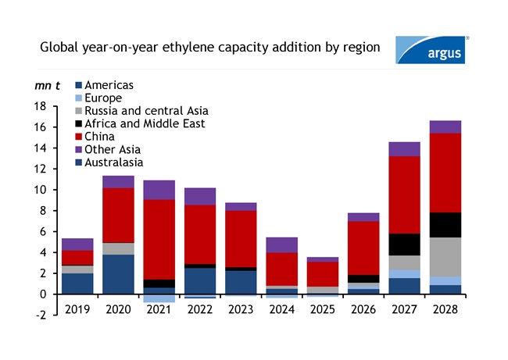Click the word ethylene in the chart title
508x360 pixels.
point(191,48)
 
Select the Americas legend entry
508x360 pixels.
point(109,85)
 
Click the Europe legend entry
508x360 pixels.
point(103,98)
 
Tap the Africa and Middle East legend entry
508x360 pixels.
point(138,123)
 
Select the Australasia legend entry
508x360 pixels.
point(114,162)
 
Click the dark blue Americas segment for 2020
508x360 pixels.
point(118,274)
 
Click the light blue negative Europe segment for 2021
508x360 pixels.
point(159,298)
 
